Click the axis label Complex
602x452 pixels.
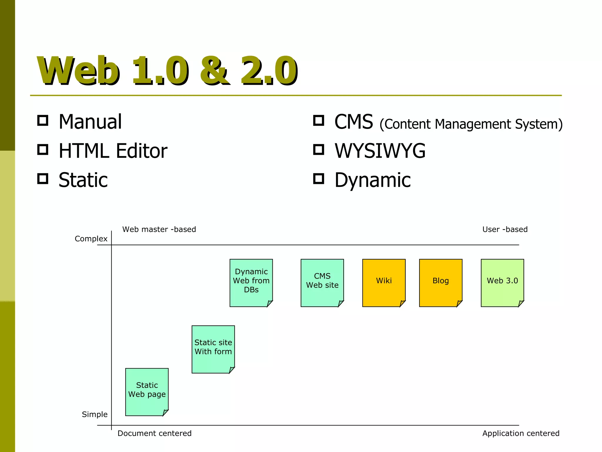point(91,239)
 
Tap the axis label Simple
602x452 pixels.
point(95,414)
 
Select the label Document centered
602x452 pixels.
point(154,433)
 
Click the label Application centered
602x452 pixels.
point(521,433)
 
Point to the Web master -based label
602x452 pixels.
point(159,229)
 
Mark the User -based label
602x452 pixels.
point(505,229)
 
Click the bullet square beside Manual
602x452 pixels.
point(43,120)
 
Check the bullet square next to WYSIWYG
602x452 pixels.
point(319,149)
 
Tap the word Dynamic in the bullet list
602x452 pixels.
point(372,180)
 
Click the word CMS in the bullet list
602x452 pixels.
point(354,122)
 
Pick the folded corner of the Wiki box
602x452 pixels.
point(402,303)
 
